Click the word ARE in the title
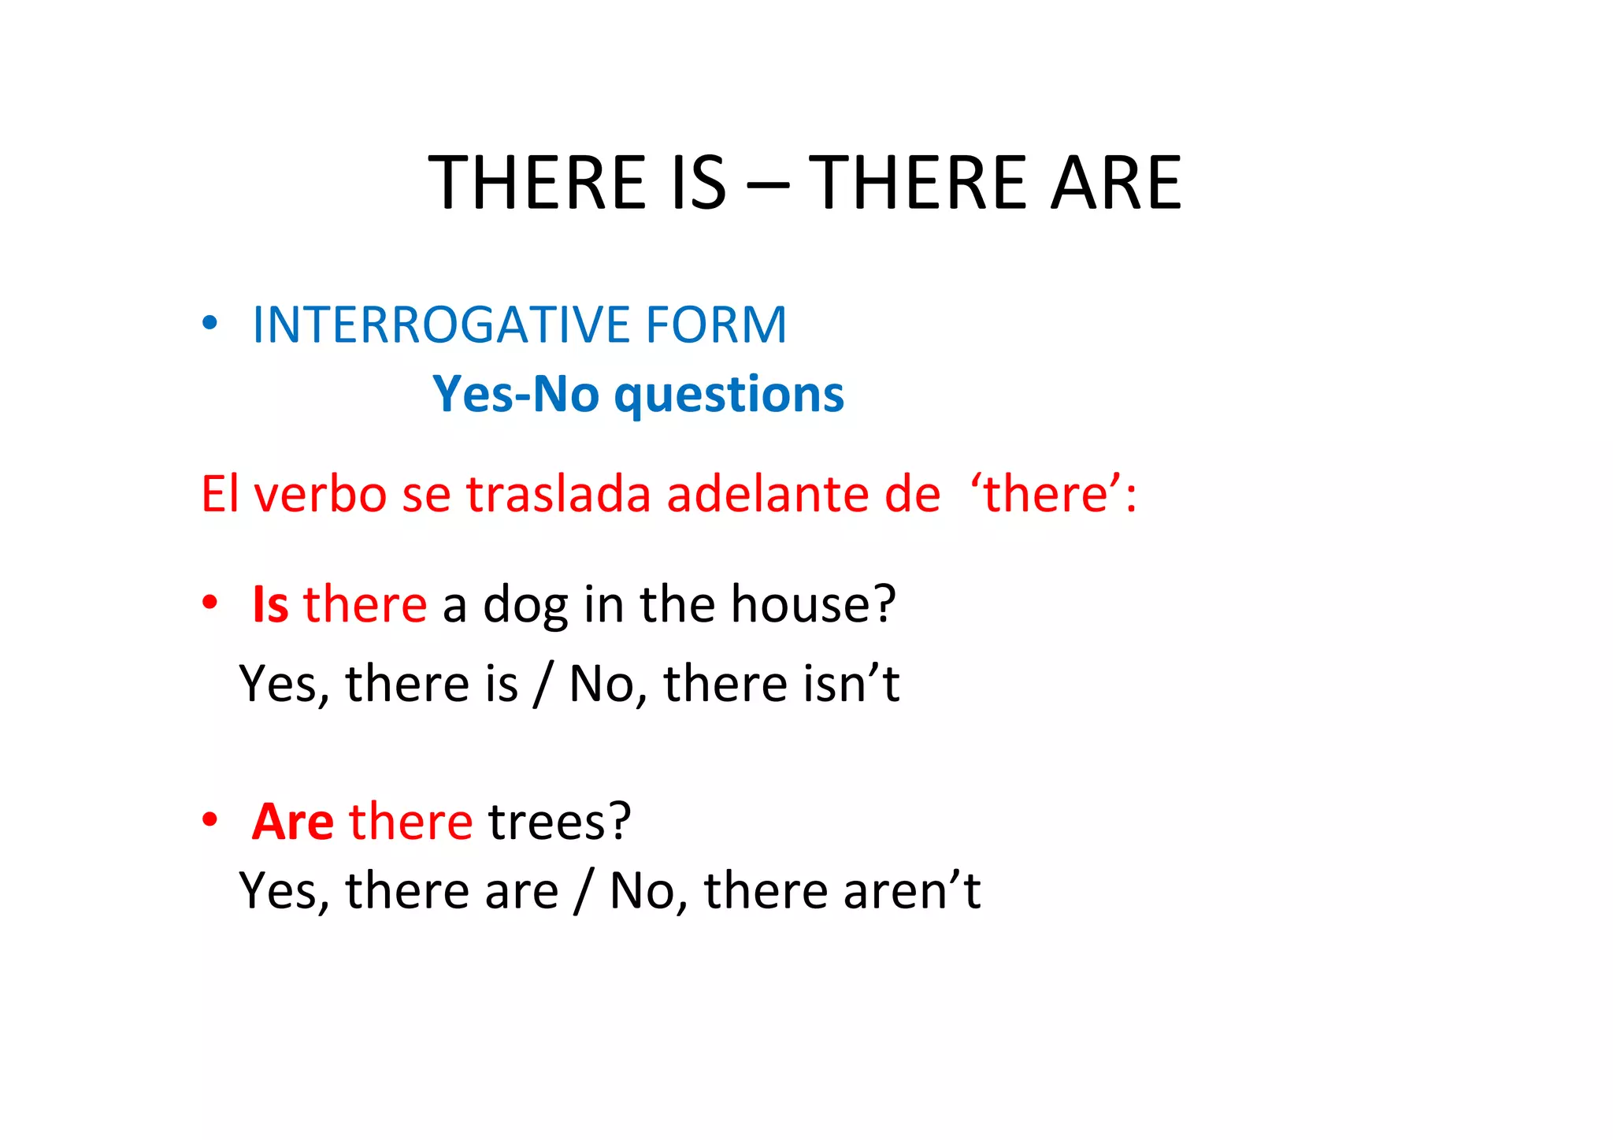[x=1116, y=183]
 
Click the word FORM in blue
[x=716, y=325]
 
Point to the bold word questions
[x=729, y=395]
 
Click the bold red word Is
[x=270, y=605]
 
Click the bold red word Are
[x=292, y=822]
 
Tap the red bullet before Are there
[x=210, y=819]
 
